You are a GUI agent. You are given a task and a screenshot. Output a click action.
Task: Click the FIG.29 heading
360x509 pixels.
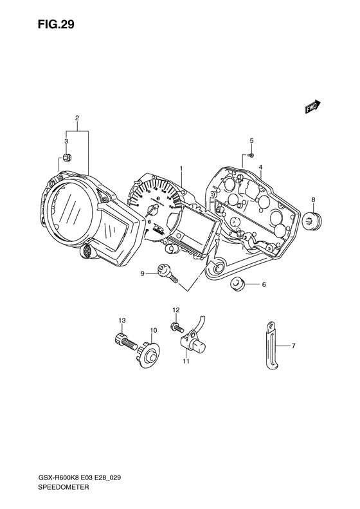coord(56,24)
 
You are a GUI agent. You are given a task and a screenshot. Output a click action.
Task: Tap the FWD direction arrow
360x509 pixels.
coord(312,107)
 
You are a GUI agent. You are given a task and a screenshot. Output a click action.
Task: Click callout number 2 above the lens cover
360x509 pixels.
coord(77,118)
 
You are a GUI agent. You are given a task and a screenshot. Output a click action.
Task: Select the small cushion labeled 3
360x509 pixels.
coord(67,158)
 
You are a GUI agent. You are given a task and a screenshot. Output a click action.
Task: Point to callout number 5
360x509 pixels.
coord(251,140)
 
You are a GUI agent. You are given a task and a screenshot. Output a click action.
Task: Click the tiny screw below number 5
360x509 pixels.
coord(251,155)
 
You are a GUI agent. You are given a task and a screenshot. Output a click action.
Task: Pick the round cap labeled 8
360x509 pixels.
coord(311,221)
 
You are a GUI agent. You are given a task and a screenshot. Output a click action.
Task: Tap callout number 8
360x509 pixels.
coord(313,199)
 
